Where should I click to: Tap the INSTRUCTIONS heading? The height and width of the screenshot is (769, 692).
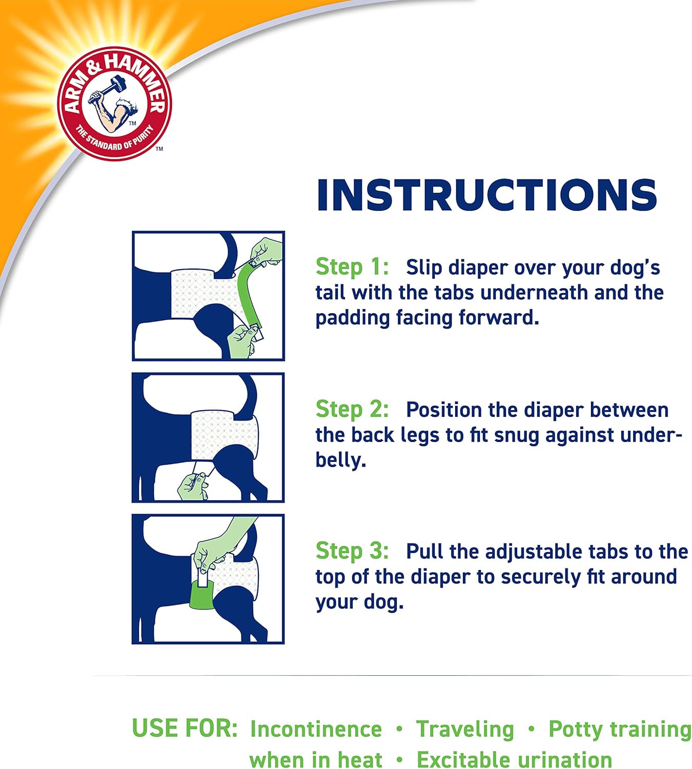486,195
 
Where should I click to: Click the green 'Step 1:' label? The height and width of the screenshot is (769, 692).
352,267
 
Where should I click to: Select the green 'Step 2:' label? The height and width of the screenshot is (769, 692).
352,409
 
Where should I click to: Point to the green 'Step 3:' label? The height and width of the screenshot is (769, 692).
352,551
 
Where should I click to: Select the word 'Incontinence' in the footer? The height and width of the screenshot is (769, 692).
316,729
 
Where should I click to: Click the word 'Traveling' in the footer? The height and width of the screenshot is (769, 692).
465,729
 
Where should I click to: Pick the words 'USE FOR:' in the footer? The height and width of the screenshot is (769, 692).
185,728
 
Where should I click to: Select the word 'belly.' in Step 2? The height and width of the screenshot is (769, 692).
340,460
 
